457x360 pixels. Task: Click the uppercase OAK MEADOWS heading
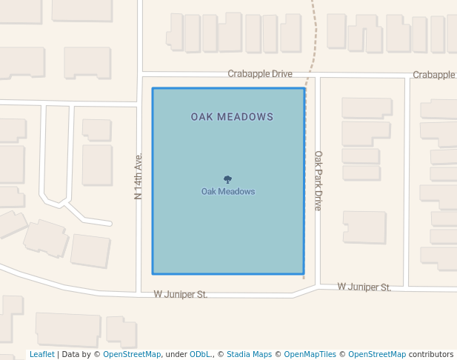click(232, 117)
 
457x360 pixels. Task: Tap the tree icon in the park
click(227, 179)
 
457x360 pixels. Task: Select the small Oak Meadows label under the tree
click(228, 192)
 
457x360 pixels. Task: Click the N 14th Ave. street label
click(138, 176)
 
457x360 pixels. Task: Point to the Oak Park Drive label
click(318, 181)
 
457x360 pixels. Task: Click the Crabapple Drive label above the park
click(260, 74)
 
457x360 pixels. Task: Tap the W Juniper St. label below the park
click(181, 294)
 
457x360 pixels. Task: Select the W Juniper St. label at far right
click(364, 287)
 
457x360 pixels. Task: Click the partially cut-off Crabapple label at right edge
click(434, 75)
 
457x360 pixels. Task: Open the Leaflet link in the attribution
click(41, 355)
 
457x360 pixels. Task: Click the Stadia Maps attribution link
click(249, 355)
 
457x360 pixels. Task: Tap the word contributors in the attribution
click(431, 355)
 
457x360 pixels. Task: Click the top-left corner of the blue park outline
click(153, 89)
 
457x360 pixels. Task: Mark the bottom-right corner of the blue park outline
click(304, 274)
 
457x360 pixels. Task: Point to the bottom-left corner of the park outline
click(153, 274)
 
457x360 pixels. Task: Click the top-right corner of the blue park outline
click(304, 89)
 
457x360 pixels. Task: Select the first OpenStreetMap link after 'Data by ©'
click(132, 355)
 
